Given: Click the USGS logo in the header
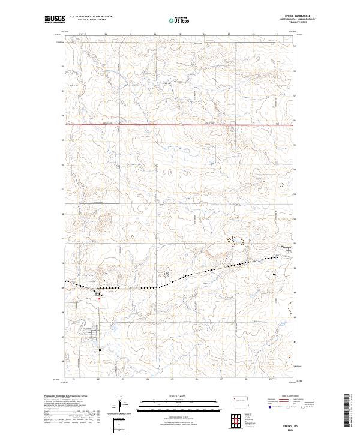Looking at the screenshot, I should pos(55,19).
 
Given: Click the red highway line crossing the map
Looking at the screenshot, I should pos(180,125).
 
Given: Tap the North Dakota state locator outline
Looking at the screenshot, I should pos(242,402).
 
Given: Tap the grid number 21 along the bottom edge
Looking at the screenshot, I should pos(73,379).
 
